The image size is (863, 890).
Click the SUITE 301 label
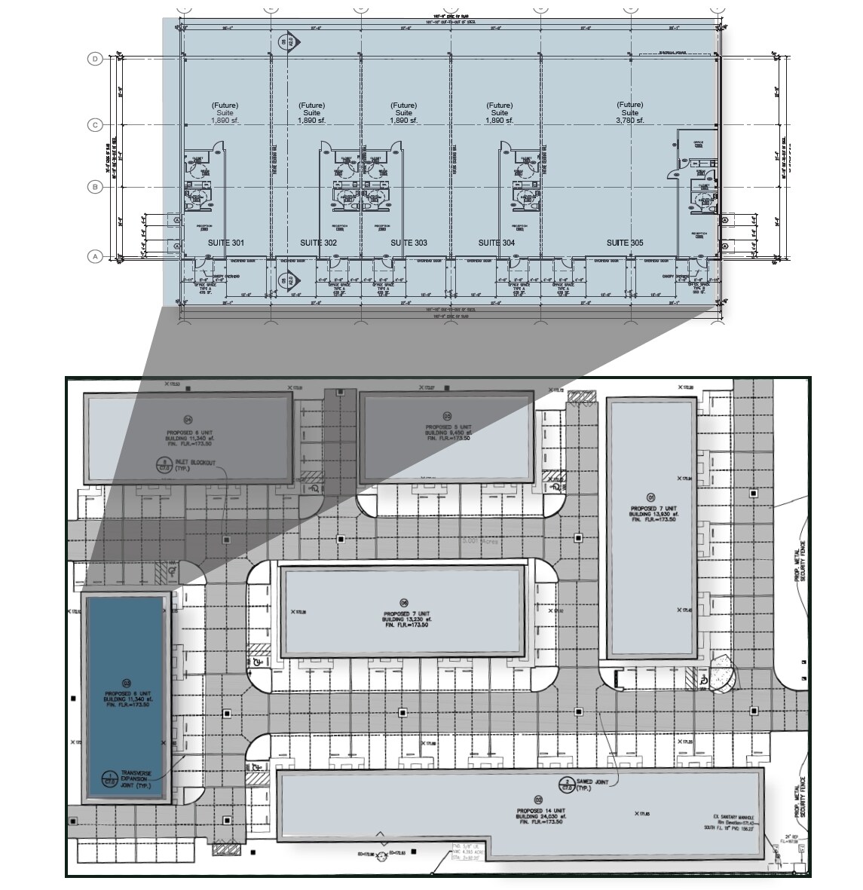point(226,243)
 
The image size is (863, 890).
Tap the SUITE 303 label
point(409,243)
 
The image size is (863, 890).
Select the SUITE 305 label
point(626,243)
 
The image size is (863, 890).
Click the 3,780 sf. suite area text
point(629,121)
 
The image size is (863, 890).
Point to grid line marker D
point(96,59)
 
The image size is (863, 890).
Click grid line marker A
point(96,257)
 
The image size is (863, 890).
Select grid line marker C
point(96,125)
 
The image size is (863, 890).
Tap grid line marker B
point(96,187)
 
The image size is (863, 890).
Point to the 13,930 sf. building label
point(653,514)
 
